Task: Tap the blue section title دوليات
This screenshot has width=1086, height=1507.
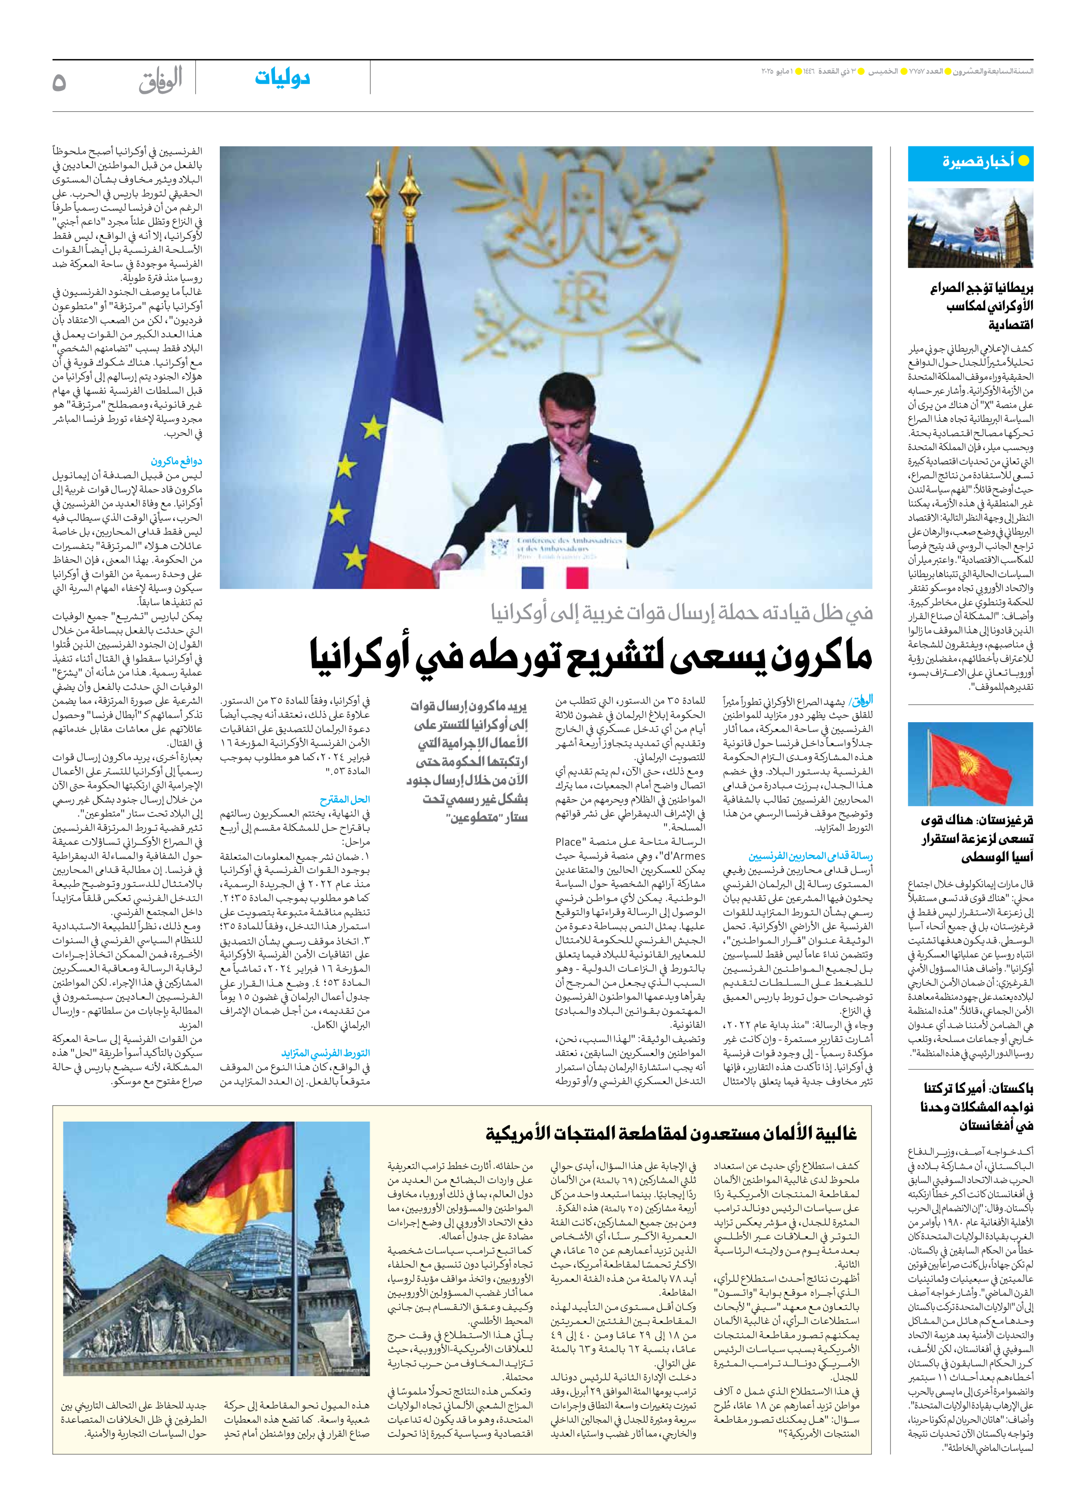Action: pyautogui.click(x=282, y=78)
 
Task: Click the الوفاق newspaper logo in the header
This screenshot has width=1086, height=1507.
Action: pyautogui.click(x=161, y=80)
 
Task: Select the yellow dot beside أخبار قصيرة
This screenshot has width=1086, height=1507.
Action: pyautogui.click(x=1023, y=161)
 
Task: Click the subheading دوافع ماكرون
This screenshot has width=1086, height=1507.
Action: pyautogui.click(x=176, y=461)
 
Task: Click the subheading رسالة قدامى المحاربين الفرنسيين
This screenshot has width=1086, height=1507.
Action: pyautogui.click(x=810, y=856)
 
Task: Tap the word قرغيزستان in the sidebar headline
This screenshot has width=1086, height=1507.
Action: pyautogui.click(x=1002, y=820)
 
